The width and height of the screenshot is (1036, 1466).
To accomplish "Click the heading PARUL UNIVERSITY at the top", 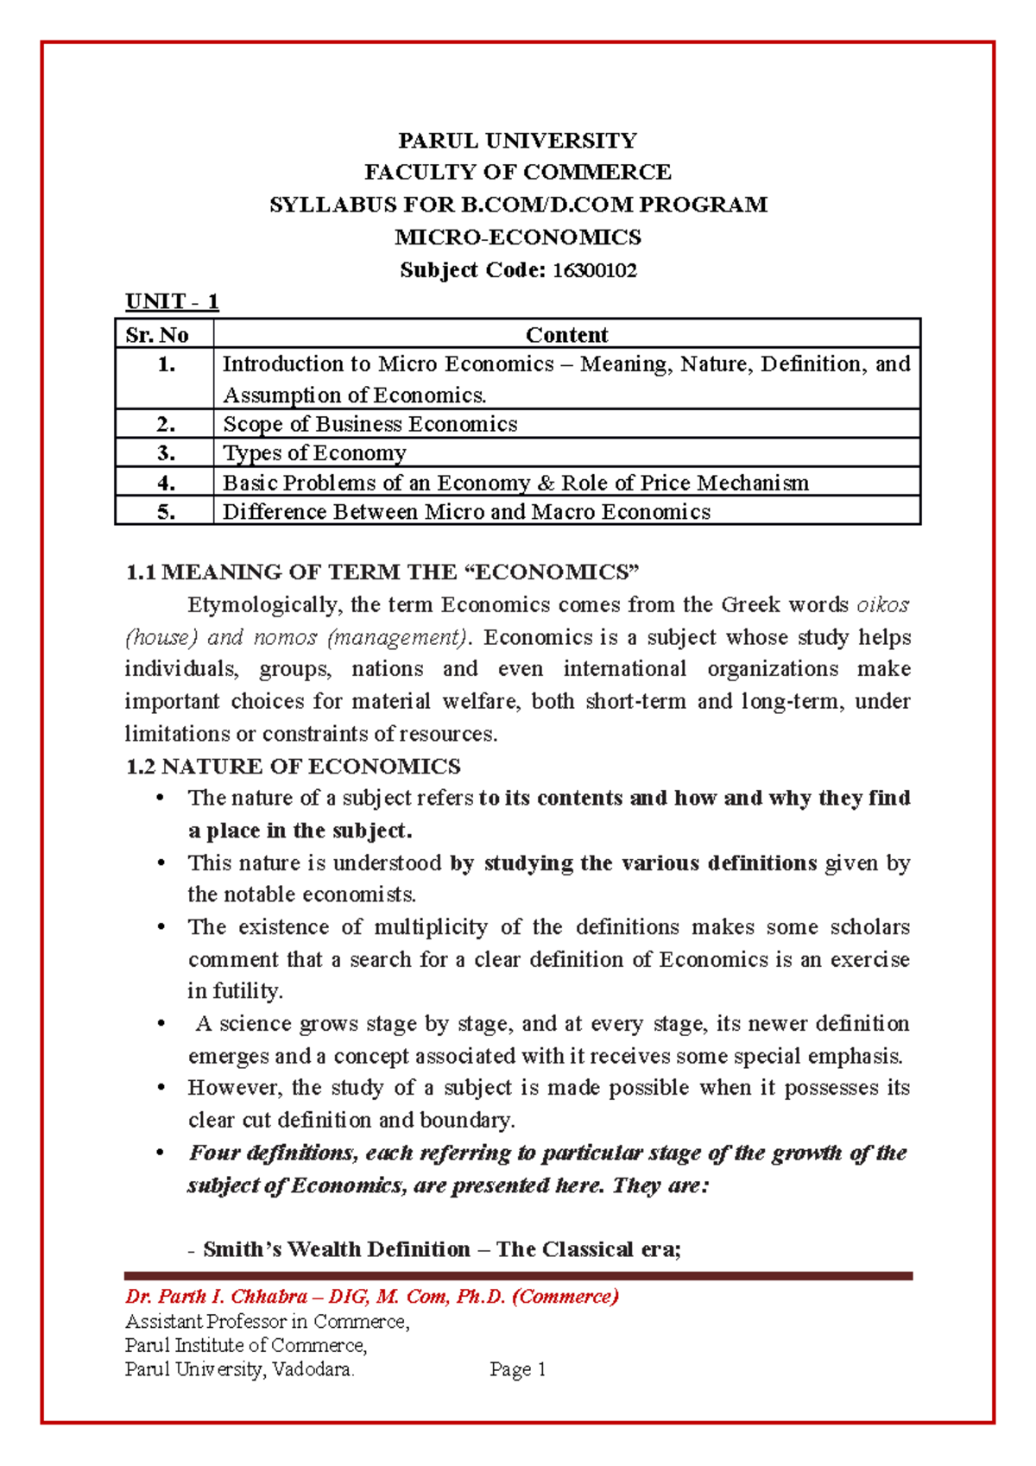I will (517, 141).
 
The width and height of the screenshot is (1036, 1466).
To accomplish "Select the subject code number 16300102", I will (595, 270).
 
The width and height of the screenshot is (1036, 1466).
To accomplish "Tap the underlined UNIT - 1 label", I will (172, 301).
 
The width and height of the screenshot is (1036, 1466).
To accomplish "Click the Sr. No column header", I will (157, 335).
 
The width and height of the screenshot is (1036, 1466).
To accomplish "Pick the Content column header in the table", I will (566, 335).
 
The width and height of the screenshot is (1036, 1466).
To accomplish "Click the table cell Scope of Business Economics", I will (370, 424).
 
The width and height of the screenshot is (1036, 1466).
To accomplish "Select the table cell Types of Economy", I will (314, 453).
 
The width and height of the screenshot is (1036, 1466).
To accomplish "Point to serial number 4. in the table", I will (166, 483).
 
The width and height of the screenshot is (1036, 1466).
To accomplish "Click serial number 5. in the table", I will (166, 512).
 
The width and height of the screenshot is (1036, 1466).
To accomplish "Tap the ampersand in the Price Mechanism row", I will (546, 483).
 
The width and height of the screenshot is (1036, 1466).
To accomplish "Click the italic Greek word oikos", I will (882, 604).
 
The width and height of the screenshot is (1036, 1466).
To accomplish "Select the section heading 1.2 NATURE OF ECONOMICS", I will (294, 767).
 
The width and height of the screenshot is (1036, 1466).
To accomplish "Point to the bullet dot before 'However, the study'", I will (160, 1088).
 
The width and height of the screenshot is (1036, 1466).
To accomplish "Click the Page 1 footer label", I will (517, 1369).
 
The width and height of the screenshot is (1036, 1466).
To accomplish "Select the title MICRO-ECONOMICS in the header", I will (517, 237).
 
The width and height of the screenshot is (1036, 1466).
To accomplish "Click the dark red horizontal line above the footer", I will (518, 1275).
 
